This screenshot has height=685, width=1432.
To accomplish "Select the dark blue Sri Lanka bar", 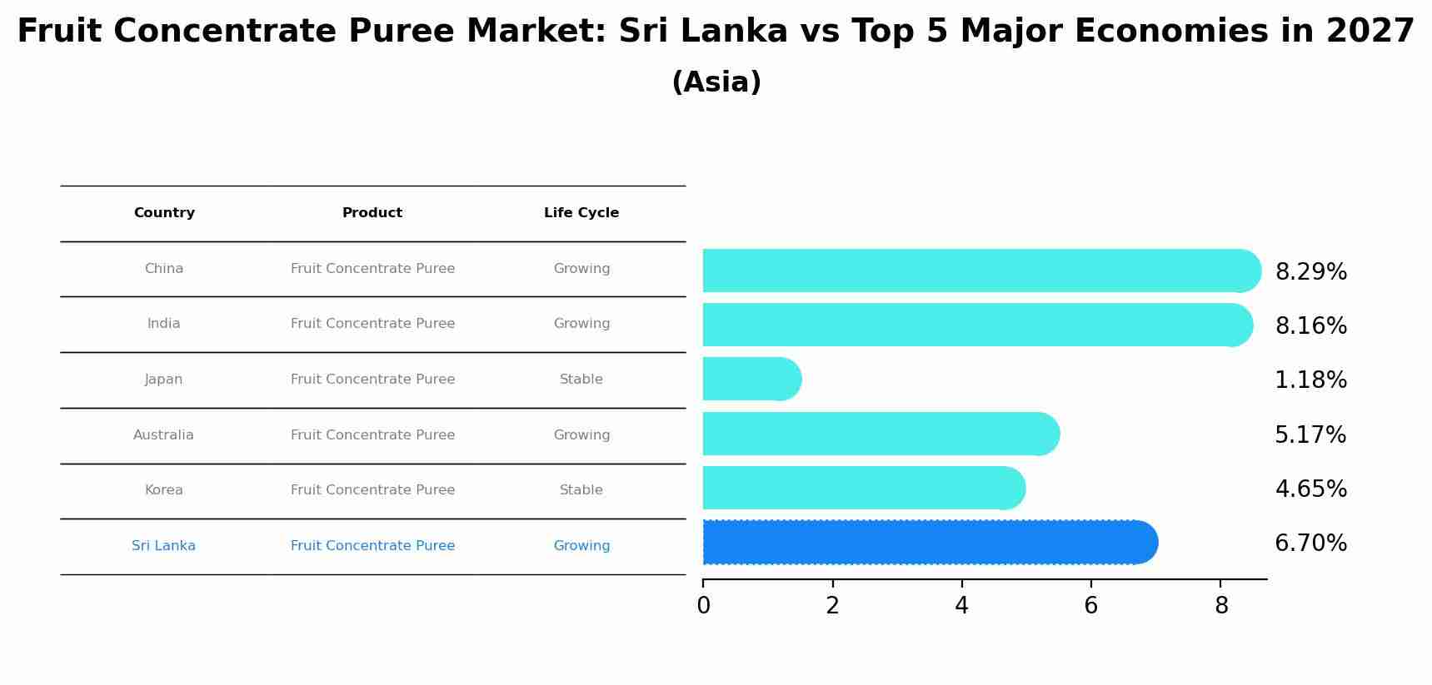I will click(929, 542).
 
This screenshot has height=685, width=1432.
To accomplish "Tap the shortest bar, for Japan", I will click(751, 379).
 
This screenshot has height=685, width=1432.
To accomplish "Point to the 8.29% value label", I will click(1310, 272).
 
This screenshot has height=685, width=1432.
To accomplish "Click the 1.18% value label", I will click(1310, 380).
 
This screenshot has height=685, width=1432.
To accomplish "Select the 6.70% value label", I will click(1310, 544).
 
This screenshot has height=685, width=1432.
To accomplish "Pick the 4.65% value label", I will click(1310, 489).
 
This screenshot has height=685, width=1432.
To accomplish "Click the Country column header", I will click(164, 213).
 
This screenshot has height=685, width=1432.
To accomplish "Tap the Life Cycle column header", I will click(581, 213).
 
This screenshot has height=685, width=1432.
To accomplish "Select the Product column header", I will click(372, 213).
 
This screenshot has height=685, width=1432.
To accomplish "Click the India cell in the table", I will click(164, 324).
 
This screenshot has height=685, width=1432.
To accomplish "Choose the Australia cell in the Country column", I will click(163, 435).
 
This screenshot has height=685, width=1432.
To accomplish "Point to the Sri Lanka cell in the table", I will click(163, 546).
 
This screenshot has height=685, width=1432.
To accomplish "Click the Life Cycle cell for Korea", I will click(581, 490).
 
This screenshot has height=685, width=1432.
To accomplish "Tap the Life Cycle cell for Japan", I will click(581, 380).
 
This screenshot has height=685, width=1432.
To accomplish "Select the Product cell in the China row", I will click(372, 269).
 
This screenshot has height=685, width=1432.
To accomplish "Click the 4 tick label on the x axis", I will click(961, 606).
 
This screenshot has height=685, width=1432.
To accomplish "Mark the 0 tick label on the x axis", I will click(703, 606).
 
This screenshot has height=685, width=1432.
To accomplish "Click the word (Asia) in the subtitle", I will click(716, 82).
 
